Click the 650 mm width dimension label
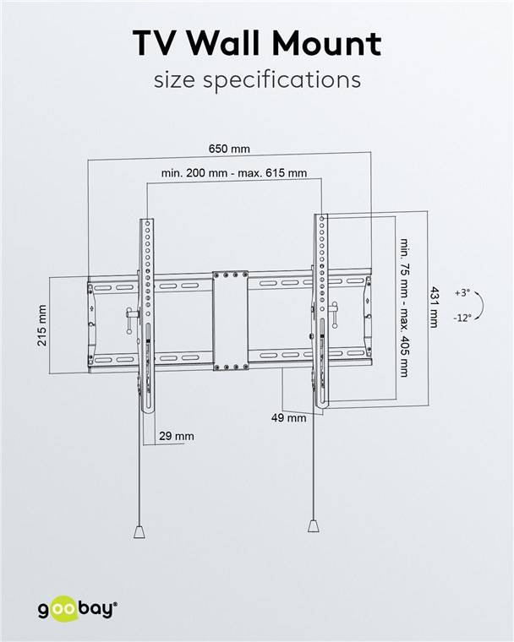click(229, 150)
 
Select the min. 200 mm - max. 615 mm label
click(233, 173)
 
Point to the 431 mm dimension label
click(434, 306)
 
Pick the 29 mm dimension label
click(176, 436)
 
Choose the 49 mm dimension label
click(288, 417)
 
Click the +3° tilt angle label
click(462, 292)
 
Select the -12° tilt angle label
click(462, 318)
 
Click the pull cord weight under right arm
click(314, 525)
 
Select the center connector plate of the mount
click(230, 321)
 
